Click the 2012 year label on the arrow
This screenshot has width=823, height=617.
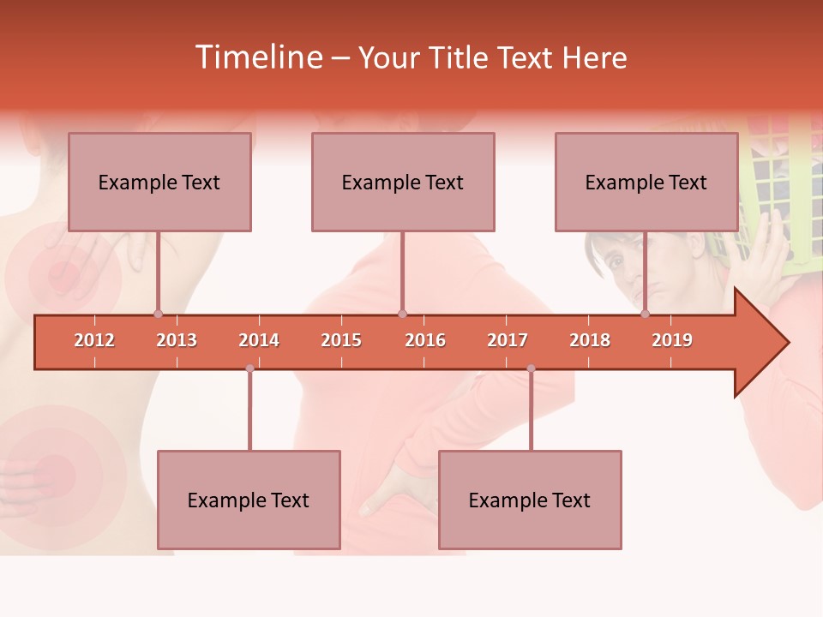point(94,340)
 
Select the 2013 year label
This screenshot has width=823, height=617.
point(177,340)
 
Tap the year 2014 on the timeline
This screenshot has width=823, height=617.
point(259,340)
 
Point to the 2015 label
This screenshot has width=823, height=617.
point(341,340)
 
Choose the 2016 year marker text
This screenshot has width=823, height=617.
point(425,340)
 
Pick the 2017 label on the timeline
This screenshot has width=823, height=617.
point(508,340)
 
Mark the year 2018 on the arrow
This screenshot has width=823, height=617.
point(590,340)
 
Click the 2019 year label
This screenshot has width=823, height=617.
point(672,340)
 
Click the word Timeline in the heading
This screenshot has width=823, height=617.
point(258,57)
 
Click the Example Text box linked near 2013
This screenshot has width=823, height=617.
point(159,182)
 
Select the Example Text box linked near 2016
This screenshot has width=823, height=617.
point(403,182)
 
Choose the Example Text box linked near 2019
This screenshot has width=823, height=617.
point(646,182)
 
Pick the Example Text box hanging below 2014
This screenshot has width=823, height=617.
point(249,500)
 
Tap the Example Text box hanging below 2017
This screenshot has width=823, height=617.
point(530,500)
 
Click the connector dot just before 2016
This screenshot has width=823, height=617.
point(403,314)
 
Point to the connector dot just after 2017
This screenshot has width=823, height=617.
point(531,368)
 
